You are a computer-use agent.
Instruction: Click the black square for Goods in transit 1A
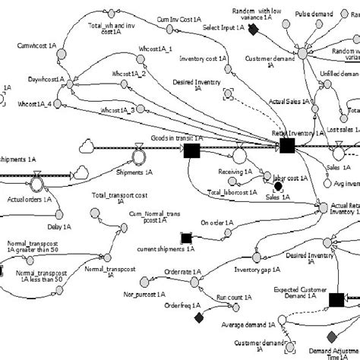pyautogui.click(x=192, y=152)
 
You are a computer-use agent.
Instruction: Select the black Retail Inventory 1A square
pyautogui.click(x=287, y=145)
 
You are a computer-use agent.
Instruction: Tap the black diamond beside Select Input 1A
pyautogui.click(x=254, y=28)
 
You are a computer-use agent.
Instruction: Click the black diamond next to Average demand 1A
pyautogui.click(x=199, y=316)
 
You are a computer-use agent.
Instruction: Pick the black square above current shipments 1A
pyautogui.click(x=185, y=238)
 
